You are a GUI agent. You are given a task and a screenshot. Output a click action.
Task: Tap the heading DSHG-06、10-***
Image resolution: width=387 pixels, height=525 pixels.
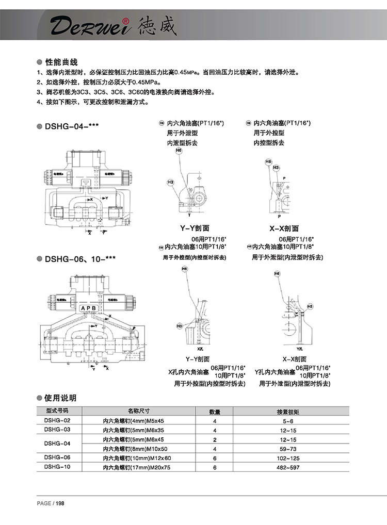pos(79,259)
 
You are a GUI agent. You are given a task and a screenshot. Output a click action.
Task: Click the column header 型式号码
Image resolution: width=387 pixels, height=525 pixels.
pos(57,412)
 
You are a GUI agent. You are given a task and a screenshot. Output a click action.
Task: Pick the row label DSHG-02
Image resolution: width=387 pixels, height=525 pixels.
pos(57,420)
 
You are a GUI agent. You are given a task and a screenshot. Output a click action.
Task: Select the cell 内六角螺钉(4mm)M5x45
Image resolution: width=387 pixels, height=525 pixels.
pos(133,421)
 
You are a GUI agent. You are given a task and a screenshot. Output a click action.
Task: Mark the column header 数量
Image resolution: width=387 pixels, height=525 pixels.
pos(215,412)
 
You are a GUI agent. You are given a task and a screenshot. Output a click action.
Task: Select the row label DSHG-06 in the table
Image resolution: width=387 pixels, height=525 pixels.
pos(57,457)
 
